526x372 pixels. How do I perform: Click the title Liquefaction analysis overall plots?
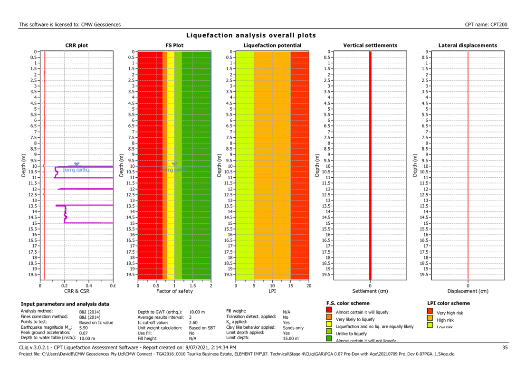coord(251,36)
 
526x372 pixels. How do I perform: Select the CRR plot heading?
coord(77,46)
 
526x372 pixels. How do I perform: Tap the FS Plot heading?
coord(174,46)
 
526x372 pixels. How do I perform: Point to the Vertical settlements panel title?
coord(370,46)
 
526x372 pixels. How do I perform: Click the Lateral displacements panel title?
coord(468,46)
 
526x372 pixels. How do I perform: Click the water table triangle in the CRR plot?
coord(77,164)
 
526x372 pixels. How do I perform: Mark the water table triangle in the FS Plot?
coord(174,164)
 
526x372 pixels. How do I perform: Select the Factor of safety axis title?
coord(174,291)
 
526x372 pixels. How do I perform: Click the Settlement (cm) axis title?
coord(370,291)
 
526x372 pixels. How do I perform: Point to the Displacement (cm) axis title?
coord(468,291)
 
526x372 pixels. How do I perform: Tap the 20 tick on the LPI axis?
coord(308,286)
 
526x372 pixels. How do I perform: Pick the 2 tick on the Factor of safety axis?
coord(210,286)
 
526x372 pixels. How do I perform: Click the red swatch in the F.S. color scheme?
coord(329,310)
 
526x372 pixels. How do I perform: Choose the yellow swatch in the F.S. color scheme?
coord(329,324)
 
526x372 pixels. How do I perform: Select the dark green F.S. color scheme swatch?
coord(329,339)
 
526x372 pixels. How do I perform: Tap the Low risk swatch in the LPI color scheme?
coord(430,325)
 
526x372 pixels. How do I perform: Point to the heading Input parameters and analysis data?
coord(65,304)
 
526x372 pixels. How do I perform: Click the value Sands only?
coord(293,328)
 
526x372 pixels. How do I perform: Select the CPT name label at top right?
coord(486,24)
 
